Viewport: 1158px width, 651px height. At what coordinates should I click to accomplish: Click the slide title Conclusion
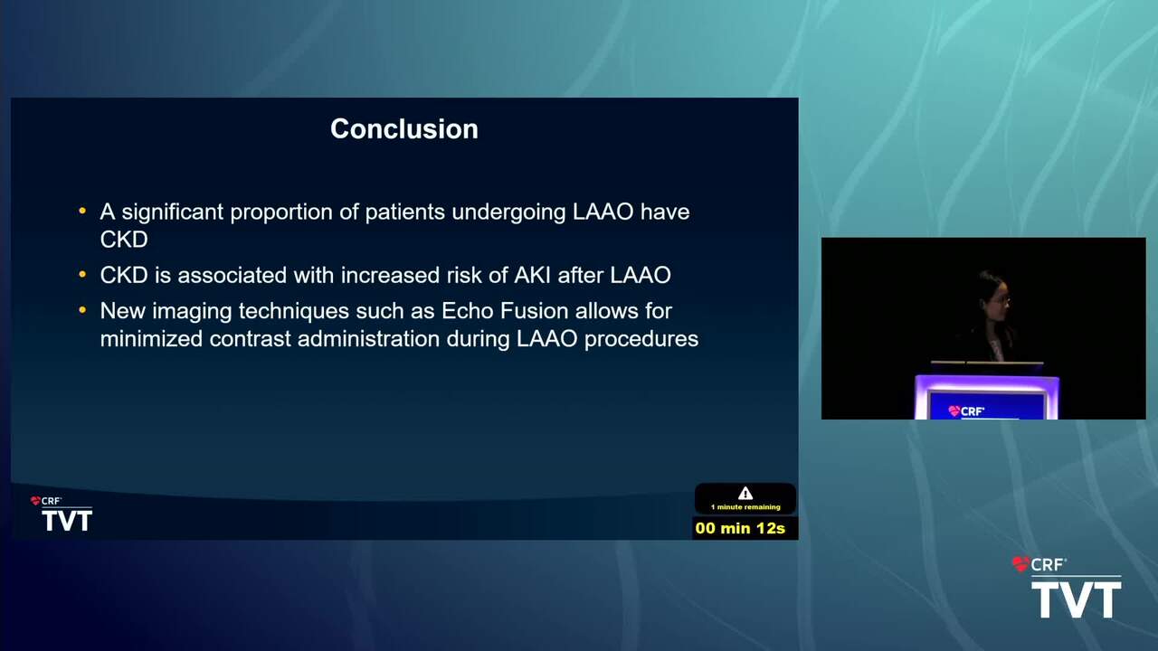pyautogui.click(x=404, y=128)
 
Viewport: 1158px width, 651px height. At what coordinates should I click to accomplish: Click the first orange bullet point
pyautogui.click(x=82, y=211)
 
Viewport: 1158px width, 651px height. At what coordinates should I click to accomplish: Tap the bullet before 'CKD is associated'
pyautogui.click(x=82, y=274)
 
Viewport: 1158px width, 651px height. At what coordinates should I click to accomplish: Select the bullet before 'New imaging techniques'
pyautogui.click(x=82, y=310)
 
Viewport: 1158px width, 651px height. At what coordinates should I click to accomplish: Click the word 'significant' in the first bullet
pyautogui.click(x=172, y=212)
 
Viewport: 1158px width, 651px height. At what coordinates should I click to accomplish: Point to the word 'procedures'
pyautogui.click(x=641, y=340)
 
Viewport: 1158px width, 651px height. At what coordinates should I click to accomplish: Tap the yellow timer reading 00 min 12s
pyautogui.click(x=740, y=528)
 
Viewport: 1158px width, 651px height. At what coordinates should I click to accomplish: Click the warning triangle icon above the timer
pyautogui.click(x=745, y=493)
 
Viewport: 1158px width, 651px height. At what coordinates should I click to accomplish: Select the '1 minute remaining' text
pyautogui.click(x=745, y=507)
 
